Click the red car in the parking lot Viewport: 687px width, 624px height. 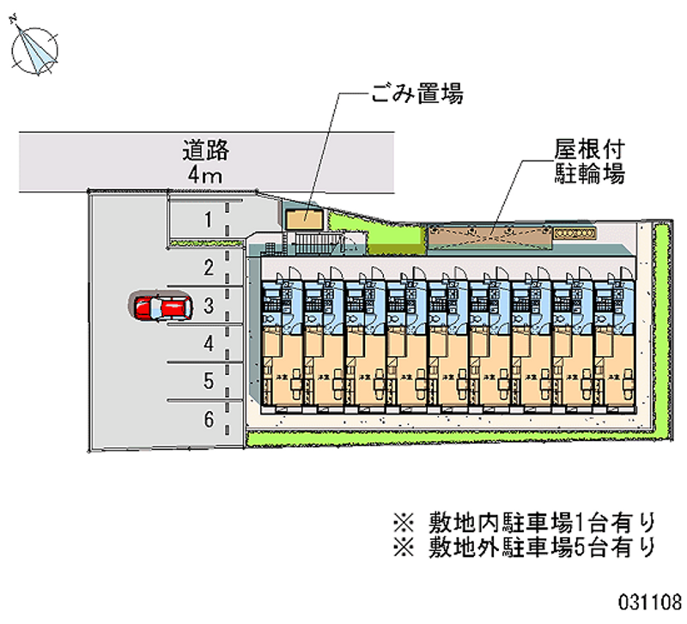point(160,307)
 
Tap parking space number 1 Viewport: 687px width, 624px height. point(208,221)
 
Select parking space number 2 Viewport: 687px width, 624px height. point(208,268)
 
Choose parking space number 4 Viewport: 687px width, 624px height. point(208,343)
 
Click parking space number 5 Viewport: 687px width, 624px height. point(208,380)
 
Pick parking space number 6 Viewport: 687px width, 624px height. point(208,419)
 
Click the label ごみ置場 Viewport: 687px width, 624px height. point(417,94)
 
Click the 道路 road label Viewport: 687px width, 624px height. point(206,151)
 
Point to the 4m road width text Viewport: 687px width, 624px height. point(206,176)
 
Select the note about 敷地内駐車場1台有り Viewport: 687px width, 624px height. point(524,521)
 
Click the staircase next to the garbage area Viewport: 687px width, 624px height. point(319,241)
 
